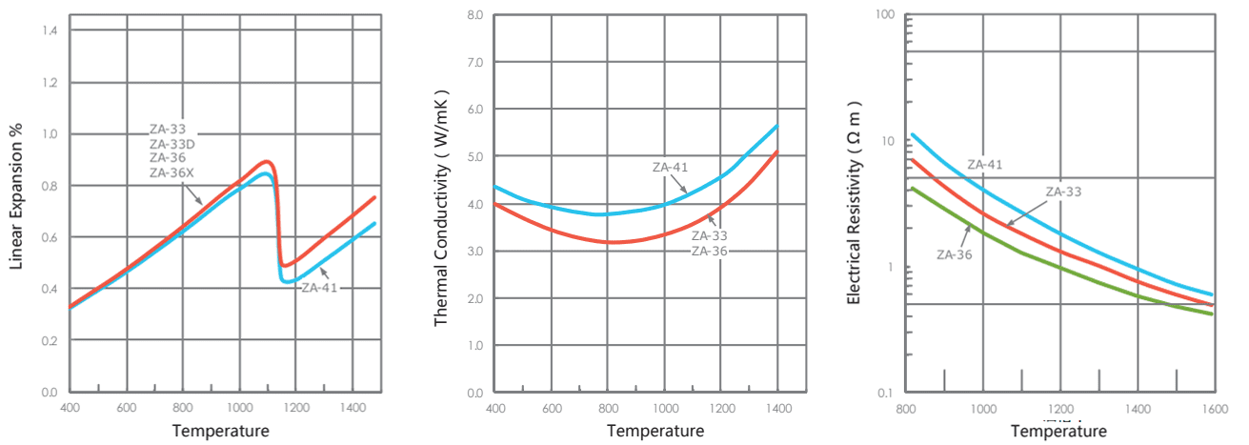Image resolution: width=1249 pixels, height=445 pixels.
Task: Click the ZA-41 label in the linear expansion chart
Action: point(319,287)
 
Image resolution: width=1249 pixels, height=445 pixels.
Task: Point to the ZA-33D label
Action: point(171,144)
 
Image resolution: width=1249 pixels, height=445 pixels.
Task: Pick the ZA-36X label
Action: point(172,173)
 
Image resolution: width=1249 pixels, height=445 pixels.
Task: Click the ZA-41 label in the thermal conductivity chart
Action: point(670,168)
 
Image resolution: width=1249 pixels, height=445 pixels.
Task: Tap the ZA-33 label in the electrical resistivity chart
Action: point(1063,192)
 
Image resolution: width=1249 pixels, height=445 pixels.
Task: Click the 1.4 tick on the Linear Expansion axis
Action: point(50,31)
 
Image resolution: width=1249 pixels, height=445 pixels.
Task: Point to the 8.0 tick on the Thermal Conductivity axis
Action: point(475,16)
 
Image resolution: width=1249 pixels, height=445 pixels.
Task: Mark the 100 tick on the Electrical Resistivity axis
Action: point(887,15)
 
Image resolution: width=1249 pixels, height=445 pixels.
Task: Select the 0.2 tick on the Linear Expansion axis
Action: point(50,340)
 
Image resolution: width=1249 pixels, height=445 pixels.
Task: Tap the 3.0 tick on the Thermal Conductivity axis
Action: point(475,251)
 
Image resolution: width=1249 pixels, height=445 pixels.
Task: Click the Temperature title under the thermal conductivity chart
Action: point(655,431)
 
